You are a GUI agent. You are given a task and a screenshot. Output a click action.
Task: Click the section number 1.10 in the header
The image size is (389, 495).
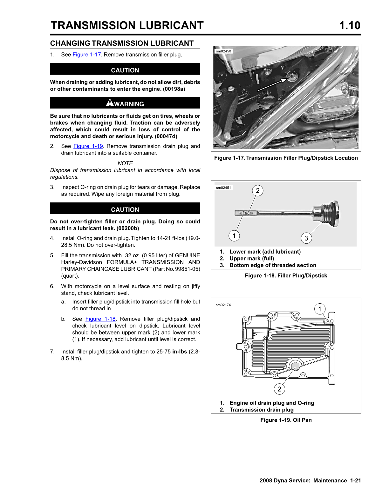coord(350,25)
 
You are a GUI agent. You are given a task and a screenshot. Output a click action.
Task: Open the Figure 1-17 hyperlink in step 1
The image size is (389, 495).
coord(87,55)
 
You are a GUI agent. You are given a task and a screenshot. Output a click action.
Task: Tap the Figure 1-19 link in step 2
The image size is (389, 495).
coord(88,146)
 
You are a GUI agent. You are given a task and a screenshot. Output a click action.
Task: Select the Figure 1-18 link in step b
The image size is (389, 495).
coord(100,319)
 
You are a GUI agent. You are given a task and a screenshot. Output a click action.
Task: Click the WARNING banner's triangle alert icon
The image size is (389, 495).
coord(110,103)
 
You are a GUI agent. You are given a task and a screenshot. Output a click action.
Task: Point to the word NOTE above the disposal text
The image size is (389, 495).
coord(125,163)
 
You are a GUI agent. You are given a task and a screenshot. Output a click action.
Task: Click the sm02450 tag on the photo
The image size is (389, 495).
coord(223,51)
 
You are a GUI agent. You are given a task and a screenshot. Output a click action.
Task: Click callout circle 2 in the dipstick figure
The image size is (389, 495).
coord(258,191)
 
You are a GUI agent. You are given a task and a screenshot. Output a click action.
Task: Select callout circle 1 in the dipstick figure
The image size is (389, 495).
coord(234,236)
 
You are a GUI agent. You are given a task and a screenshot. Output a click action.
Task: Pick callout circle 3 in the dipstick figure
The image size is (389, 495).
coord(306,238)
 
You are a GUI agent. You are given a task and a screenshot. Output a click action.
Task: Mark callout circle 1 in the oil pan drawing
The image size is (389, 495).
coord(320,309)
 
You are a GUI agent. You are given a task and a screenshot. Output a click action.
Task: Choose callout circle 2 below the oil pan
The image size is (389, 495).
coord(279,389)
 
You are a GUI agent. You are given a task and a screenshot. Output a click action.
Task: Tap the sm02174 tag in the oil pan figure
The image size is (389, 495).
coord(223,305)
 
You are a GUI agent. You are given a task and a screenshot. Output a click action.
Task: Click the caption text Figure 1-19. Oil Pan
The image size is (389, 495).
coord(286,420)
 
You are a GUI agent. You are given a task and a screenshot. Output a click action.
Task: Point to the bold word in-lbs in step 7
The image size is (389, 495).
coord(180,352)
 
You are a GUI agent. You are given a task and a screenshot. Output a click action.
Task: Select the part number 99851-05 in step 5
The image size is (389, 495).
coord(188,269)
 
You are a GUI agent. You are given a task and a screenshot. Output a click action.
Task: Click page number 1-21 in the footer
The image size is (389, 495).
coord(356,480)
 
